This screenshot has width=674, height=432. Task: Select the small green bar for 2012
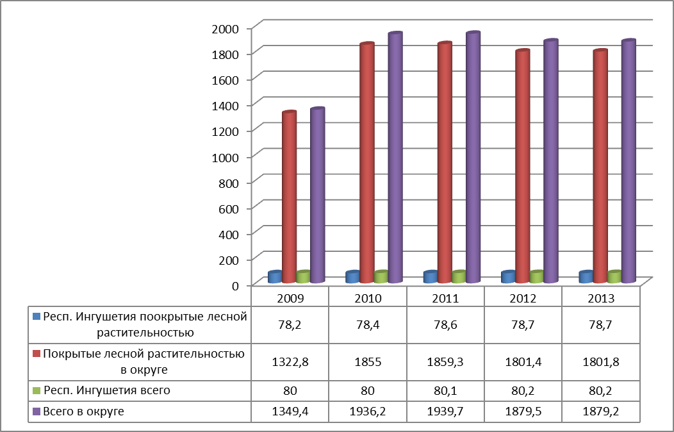pyautogui.click(x=536, y=277)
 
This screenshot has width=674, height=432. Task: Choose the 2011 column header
pyautogui.click(x=445, y=299)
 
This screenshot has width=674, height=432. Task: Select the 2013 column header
pyautogui.click(x=600, y=299)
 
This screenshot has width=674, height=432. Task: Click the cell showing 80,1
pyautogui.click(x=445, y=390)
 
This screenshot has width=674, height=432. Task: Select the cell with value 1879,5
pyautogui.click(x=523, y=411)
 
